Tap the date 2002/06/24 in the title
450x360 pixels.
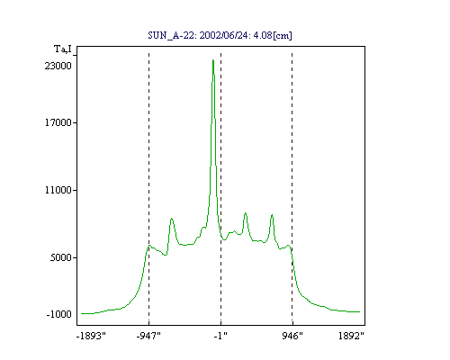(223, 35)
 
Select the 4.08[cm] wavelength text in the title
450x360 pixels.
(273, 36)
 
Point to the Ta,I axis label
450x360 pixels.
(63, 49)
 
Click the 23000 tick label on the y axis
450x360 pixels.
(58, 66)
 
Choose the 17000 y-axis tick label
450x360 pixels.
(58, 122)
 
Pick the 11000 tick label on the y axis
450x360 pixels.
(58, 190)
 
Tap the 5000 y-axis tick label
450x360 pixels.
(61, 257)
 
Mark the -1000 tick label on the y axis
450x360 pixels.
(58, 314)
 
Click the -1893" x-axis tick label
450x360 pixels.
(91, 336)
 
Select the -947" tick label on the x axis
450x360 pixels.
(148, 336)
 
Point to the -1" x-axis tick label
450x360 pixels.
(220, 336)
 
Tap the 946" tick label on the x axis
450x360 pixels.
(292, 336)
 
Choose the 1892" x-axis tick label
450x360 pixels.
(351, 336)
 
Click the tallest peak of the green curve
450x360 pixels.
(213, 60)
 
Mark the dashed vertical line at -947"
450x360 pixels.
(148, 189)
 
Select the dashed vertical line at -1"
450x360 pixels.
(220, 189)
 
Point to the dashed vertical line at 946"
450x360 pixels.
(292, 189)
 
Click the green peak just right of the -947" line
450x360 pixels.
(172, 219)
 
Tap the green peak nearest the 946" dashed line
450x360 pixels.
(272, 215)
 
